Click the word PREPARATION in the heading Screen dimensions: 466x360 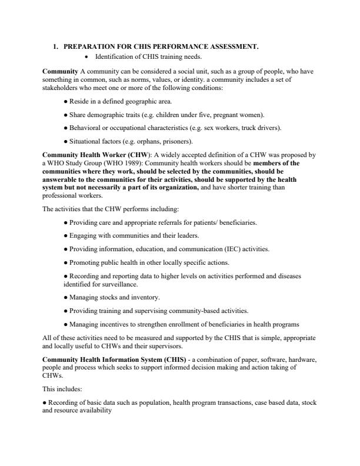click(92, 46)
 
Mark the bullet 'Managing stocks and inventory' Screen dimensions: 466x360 click(111, 297)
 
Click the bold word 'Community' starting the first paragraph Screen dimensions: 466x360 click(60, 71)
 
